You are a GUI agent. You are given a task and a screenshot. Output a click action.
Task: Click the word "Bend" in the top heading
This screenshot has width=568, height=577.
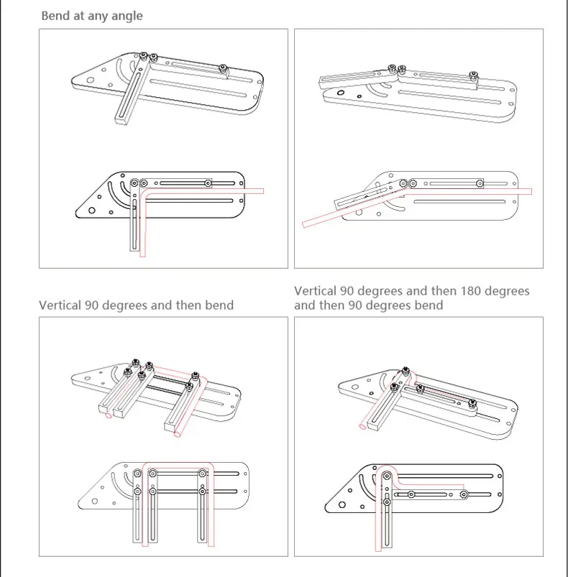[55, 15]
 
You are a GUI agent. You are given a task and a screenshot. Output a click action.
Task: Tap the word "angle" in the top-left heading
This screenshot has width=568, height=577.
[125, 16]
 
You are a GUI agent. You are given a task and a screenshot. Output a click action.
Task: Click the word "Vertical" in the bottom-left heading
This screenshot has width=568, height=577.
[60, 305]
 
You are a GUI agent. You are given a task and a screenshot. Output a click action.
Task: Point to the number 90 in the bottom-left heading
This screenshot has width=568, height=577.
[92, 305]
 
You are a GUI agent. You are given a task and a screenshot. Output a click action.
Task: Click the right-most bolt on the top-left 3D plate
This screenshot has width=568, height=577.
[225, 68]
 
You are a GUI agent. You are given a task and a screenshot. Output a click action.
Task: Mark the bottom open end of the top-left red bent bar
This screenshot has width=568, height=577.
[145, 254]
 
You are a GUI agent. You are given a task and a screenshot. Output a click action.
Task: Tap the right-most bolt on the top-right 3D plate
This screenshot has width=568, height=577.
[472, 75]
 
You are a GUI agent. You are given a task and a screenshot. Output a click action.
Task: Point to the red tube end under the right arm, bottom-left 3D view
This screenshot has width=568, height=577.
[179, 435]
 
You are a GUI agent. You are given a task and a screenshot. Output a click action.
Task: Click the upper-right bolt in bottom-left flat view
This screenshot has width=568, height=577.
[203, 473]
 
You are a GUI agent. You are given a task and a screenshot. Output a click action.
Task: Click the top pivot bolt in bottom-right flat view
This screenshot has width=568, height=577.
[387, 475]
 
